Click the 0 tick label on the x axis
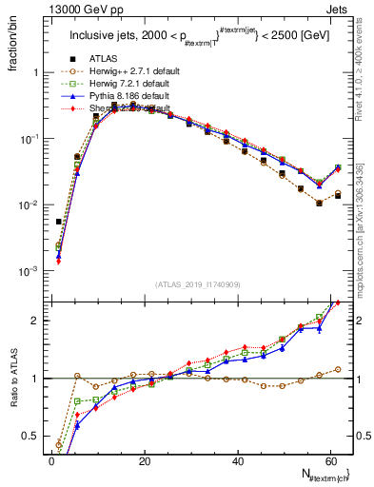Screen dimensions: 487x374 click(x=51, y=460)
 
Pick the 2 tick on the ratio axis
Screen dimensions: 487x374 click(x=34, y=321)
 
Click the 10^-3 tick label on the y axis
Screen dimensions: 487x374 click(x=28, y=272)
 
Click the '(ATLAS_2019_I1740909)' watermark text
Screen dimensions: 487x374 click(x=198, y=285)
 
